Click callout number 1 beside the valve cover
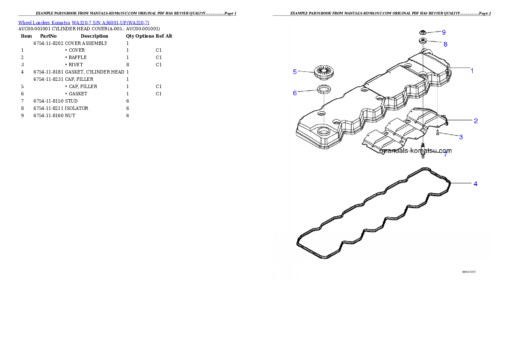pos(472,71)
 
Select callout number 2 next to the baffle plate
pos(475,121)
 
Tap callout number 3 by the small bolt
pos(461,137)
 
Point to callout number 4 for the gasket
pos(475,184)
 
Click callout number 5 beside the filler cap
pos(295,71)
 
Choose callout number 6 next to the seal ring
pos(295,93)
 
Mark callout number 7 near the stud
pos(445,154)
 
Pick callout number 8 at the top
pos(445,44)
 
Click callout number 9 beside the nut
pos(444,32)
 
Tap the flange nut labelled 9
pos(423,32)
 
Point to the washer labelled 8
pos(423,41)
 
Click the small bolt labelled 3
pos(437,133)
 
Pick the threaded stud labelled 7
pos(423,152)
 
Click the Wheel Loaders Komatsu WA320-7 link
pos(83,23)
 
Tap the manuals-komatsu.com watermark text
pos(417,151)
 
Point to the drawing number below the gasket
pos(469,271)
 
